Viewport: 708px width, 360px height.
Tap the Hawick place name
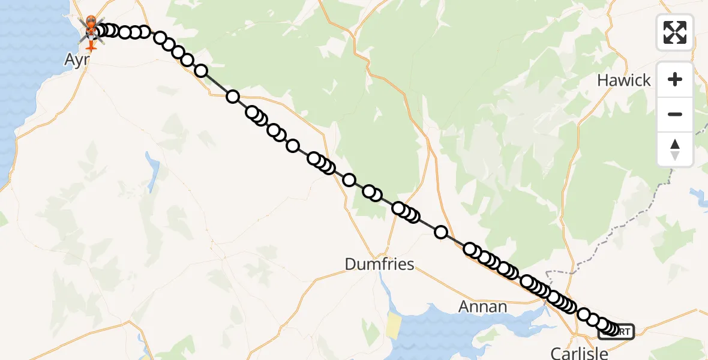tap(623, 80)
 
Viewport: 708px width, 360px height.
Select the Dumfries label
tap(379, 264)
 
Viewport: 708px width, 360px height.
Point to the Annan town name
tap(482, 307)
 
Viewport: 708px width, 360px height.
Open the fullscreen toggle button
tap(675, 32)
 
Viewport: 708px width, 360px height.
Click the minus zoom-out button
tap(675, 114)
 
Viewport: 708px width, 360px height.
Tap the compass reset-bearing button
tap(675, 149)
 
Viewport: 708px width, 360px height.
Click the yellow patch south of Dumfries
tap(394, 325)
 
